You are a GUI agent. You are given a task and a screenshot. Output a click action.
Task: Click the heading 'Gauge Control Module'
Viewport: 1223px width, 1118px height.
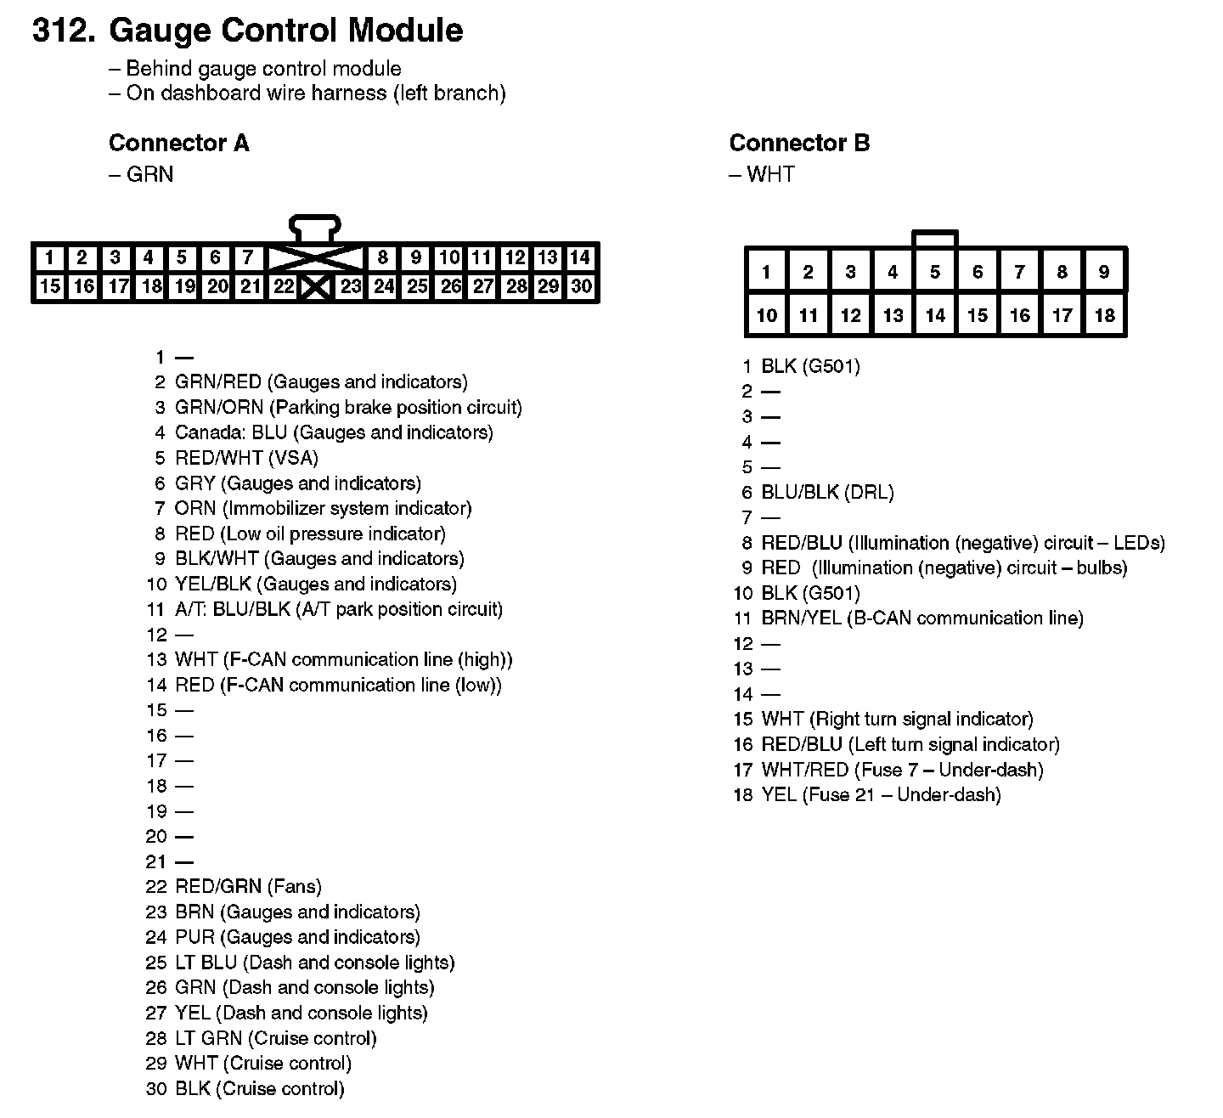point(286,31)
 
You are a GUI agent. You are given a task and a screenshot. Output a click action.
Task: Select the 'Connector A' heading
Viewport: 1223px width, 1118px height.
point(179,143)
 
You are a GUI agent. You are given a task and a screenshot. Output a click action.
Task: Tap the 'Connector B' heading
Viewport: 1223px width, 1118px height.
point(799,143)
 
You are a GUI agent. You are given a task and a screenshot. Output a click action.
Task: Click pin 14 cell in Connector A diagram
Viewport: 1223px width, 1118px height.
point(580,257)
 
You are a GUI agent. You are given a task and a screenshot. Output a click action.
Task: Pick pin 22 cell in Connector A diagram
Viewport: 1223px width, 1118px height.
point(283,286)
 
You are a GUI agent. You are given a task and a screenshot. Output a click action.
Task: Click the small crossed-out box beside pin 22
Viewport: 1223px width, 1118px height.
point(315,287)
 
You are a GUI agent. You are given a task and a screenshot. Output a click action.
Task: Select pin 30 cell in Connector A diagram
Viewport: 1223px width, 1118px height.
point(582,286)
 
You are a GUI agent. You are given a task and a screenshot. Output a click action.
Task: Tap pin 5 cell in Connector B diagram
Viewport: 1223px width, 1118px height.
point(935,272)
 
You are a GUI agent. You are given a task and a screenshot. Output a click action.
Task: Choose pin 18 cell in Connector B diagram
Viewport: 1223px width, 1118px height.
point(1104,315)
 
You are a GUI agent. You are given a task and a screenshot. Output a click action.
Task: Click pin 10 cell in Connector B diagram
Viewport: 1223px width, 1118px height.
point(766,315)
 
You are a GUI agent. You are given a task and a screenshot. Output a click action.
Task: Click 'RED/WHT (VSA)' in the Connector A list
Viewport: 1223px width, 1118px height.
point(246,458)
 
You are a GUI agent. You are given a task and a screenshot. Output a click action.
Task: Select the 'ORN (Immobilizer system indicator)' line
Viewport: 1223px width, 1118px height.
point(323,508)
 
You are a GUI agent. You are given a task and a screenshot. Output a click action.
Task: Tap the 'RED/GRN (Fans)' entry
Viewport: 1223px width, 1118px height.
point(248,887)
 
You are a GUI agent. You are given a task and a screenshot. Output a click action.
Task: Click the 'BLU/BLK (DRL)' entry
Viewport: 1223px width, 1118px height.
point(827,493)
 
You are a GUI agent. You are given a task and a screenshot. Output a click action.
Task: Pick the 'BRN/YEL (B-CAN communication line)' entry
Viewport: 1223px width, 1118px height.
point(921,618)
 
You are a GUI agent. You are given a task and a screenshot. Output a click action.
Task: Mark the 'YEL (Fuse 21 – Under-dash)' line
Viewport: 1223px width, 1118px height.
point(881,795)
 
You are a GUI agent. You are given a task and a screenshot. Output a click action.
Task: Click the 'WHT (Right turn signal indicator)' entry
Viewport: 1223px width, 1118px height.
point(897,720)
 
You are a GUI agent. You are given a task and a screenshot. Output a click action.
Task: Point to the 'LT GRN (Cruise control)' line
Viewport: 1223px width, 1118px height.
point(275,1038)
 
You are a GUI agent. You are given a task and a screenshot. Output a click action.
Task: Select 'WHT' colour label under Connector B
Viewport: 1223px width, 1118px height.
point(770,174)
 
